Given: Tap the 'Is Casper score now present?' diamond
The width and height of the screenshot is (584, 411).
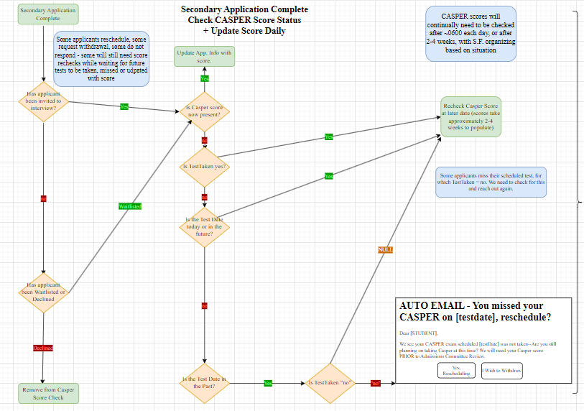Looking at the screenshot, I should pyautogui.click(x=204, y=111).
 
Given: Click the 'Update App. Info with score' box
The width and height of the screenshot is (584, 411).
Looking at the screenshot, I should pyautogui.click(x=205, y=56).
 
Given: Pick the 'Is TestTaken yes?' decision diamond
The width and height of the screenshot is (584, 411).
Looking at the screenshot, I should pyautogui.click(x=204, y=166).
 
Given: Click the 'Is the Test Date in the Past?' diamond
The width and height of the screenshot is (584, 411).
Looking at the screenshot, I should pyautogui.click(x=204, y=382).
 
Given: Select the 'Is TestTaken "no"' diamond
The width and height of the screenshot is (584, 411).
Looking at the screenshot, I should pyautogui.click(x=330, y=383).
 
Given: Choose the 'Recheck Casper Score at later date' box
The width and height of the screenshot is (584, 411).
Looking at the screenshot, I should pyautogui.click(x=471, y=117).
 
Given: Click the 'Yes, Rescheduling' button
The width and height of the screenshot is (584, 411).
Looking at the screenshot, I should pyautogui.click(x=456, y=371).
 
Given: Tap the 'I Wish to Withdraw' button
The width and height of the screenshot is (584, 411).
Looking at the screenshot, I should pyautogui.click(x=501, y=371).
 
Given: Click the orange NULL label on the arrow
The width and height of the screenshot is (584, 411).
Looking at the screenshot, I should pyautogui.click(x=385, y=249).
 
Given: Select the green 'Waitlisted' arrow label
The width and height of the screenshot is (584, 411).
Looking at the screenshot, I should pyautogui.click(x=130, y=206).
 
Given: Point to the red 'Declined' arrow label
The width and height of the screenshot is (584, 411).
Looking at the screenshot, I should pyautogui.click(x=43, y=348).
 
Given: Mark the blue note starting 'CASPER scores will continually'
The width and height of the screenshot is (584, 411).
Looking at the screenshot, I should pyautogui.click(x=470, y=33).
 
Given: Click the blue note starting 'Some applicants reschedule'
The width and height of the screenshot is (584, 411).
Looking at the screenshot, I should pyautogui.click(x=101, y=58).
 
